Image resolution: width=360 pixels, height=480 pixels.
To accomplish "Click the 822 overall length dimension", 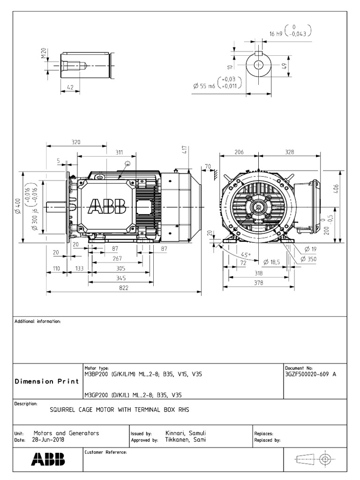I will (x=123, y=288).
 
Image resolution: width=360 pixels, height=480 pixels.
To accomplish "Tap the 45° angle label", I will (x=246, y=255).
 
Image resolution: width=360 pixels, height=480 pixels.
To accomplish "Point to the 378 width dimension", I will (x=258, y=283).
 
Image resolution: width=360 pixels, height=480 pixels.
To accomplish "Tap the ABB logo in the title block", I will (x=48, y=459).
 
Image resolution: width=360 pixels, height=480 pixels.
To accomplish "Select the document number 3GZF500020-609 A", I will (x=310, y=374).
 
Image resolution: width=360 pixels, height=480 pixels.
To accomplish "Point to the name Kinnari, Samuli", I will (x=186, y=434).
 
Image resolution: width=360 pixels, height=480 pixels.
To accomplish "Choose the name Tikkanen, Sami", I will (x=186, y=440).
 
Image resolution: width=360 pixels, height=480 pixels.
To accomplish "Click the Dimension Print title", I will (x=47, y=381).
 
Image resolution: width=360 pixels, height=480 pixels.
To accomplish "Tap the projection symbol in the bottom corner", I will (x=313, y=459).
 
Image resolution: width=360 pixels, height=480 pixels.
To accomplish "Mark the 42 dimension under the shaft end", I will (x=70, y=87).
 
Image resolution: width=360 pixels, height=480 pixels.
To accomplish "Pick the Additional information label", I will (x=37, y=322).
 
